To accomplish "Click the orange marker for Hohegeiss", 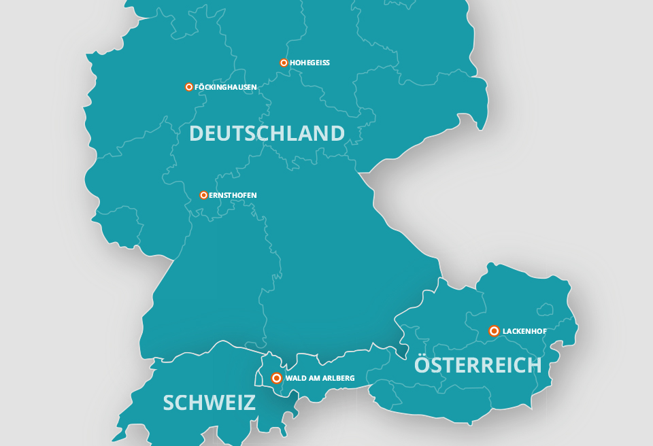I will click(x=284, y=63).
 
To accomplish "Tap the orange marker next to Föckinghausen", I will click(x=188, y=87).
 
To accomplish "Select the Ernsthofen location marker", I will click(x=203, y=195).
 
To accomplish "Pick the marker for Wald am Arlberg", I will click(x=276, y=378).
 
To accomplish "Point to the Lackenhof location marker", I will click(x=494, y=331).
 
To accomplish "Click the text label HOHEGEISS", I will click(x=309, y=63).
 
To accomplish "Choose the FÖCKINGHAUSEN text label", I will click(x=225, y=87).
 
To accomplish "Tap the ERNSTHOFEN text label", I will click(x=233, y=195).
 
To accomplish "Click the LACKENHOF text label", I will click(x=525, y=331).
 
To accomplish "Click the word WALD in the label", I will click(x=295, y=378).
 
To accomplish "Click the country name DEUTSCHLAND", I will click(x=267, y=133).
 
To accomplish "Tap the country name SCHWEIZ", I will click(x=209, y=402).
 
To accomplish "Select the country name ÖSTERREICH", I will click(x=478, y=365).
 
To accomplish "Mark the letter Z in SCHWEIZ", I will click(x=249, y=402).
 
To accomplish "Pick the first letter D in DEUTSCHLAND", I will click(x=197, y=133).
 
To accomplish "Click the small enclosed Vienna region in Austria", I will click(x=545, y=309).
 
